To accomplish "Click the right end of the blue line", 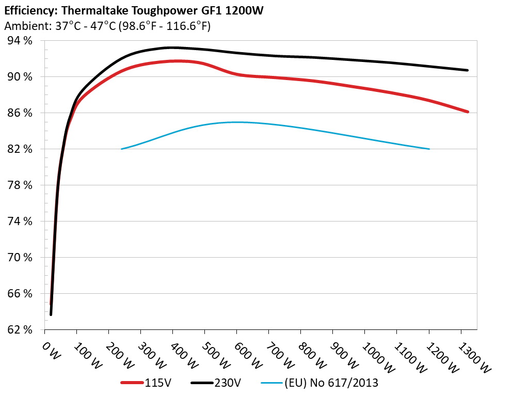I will click(x=429, y=149).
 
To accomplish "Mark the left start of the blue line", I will click(x=121, y=149).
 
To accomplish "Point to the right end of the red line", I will click(x=467, y=112).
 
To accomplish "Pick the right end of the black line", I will click(x=467, y=70).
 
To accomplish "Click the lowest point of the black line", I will click(x=51, y=314).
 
